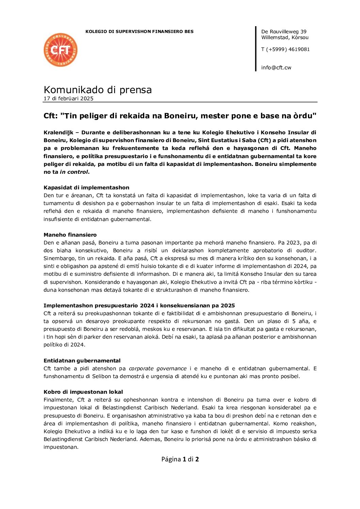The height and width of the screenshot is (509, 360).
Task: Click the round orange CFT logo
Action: point(61,50)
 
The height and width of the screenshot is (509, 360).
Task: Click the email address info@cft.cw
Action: point(276,68)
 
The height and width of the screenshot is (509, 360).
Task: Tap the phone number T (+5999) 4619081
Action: point(285,49)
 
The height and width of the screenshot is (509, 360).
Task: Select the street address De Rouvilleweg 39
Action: point(284,32)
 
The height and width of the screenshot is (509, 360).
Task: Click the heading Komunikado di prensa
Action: point(98,90)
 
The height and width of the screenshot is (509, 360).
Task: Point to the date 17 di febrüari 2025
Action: point(68,99)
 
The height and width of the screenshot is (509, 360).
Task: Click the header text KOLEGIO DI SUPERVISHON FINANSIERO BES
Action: point(139,32)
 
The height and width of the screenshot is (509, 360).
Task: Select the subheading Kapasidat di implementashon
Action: point(86,188)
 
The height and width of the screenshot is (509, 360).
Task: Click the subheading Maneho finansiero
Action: point(70,235)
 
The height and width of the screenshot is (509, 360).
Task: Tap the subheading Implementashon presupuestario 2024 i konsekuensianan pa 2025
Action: point(139,306)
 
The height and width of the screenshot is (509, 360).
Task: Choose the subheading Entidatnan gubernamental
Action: point(82,361)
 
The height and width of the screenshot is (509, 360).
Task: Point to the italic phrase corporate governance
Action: point(158,369)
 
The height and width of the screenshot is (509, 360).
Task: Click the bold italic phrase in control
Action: point(74,172)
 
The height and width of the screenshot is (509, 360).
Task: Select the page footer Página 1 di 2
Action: point(180,459)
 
